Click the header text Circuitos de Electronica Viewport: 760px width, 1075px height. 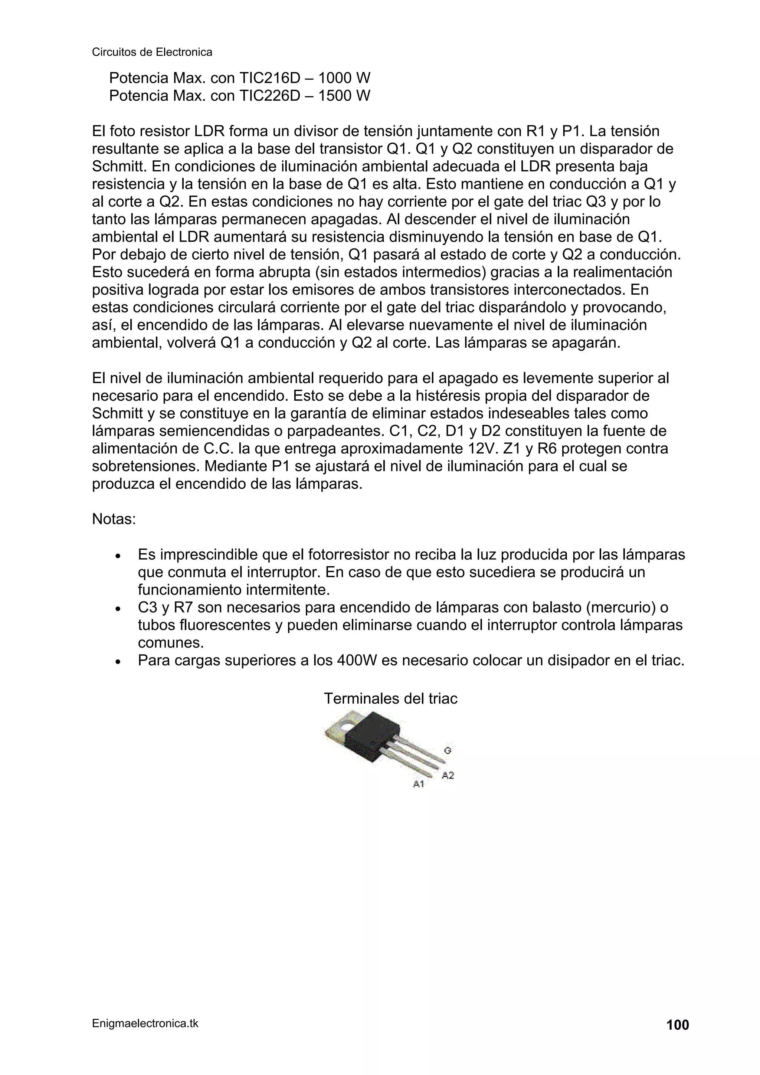click(152, 52)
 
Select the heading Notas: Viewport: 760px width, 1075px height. click(114, 519)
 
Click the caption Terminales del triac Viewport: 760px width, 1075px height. click(390, 699)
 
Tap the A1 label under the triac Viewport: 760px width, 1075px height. click(418, 784)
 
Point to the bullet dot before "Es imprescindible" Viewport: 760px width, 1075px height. click(118, 556)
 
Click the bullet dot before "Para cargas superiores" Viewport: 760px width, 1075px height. click(118, 662)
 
